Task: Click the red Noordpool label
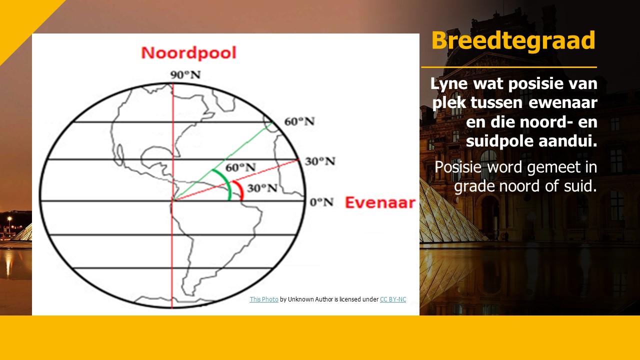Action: click(x=189, y=53)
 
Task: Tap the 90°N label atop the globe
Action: click(x=185, y=75)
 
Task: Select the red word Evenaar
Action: click(x=380, y=202)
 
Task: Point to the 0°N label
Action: click(x=321, y=202)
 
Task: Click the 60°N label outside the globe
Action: click(x=299, y=121)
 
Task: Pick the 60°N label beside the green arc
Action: click(x=240, y=167)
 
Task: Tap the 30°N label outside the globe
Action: click(x=320, y=161)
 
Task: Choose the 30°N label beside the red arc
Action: click(x=262, y=188)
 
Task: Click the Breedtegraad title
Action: click(x=513, y=41)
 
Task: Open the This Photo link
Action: click(x=263, y=299)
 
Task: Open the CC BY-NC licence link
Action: click(x=393, y=299)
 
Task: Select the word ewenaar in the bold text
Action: click(x=563, y=103)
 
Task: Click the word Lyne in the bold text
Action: click(x=449, y=83)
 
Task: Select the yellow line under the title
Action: click(x=509, y=67)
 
